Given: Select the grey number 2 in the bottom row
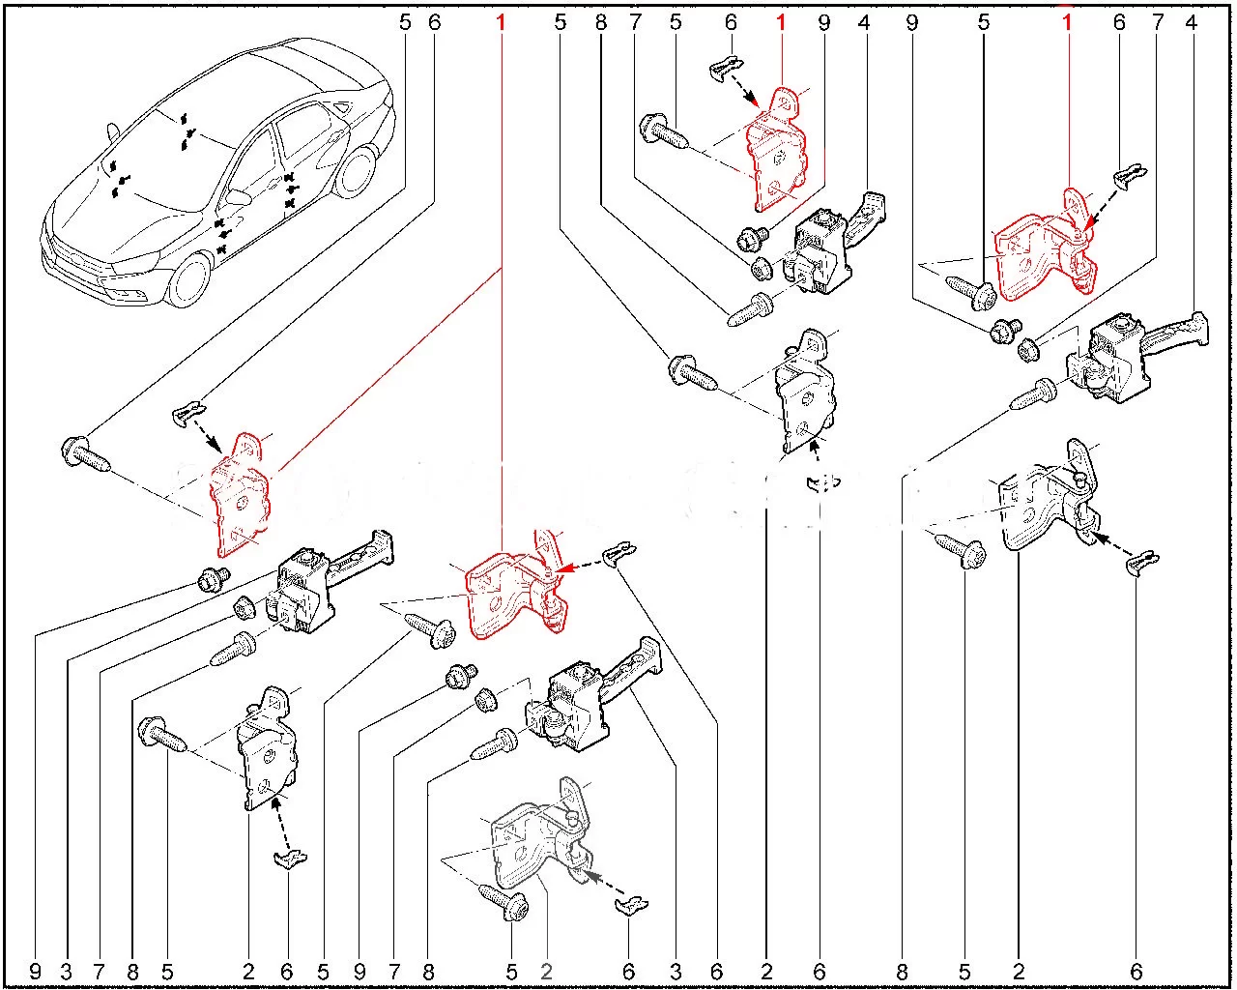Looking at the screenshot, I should pos(547,972).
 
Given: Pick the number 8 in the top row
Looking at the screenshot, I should pos(601,22).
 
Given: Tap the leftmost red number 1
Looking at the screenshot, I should pos(501,22).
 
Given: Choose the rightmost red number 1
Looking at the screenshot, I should pos(1067,22).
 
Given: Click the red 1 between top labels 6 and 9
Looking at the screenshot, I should pos(781,22).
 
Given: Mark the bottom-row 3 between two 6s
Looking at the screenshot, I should pos(676,972).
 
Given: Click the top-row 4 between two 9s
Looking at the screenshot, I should pos(864,22).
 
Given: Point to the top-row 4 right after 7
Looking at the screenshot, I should pos(1191,22).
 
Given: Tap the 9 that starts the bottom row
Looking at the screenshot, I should pos(36,972).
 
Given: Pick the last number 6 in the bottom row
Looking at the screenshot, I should pos(1136,972).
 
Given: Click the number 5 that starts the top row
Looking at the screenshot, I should pos(405,22).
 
